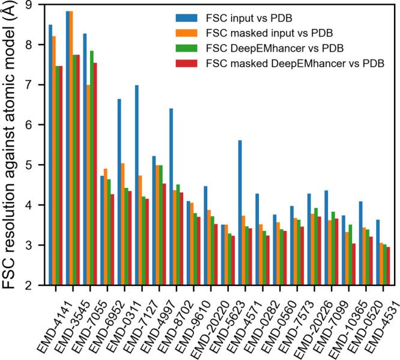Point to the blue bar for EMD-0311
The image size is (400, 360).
point(120,192)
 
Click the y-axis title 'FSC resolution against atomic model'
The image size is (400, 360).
point(12,144)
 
